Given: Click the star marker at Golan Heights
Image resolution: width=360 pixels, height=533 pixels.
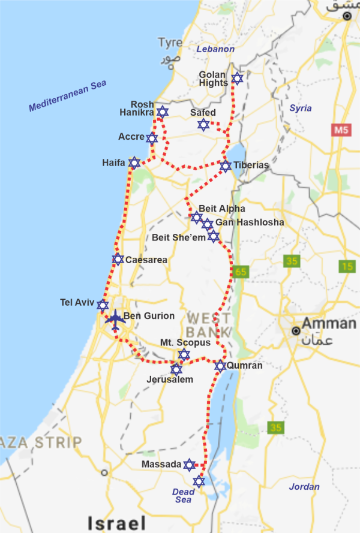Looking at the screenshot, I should pos(237,79).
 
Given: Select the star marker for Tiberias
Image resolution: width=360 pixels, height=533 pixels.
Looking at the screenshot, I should pos(225,166).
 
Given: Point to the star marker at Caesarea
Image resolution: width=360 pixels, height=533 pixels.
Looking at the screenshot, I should pos(118,260).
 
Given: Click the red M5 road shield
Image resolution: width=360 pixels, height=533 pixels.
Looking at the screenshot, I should pos(341,130).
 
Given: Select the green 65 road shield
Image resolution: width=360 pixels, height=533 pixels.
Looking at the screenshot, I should pos(241,272).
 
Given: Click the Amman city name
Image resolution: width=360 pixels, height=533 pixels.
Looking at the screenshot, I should pos(328,324).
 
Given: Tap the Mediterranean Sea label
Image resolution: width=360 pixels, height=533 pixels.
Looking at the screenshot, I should pos(67,96).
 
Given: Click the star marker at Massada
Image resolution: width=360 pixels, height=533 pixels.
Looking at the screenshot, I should pos(190,465).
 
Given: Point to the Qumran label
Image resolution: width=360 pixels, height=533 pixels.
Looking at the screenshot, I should pos(247,366).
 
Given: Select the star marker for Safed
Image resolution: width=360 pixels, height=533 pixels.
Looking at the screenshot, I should pos(203,124).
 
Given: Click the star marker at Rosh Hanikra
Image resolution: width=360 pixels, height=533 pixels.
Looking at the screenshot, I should pos(163,112).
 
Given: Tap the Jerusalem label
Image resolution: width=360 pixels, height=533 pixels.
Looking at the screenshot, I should pos(170,380).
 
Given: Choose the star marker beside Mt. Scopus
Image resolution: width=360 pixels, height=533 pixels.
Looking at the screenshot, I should pos(184,354).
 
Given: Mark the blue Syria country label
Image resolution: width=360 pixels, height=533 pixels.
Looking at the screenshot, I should pos(301,108).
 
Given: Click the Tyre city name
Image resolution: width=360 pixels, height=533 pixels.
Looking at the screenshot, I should pos(169,43).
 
